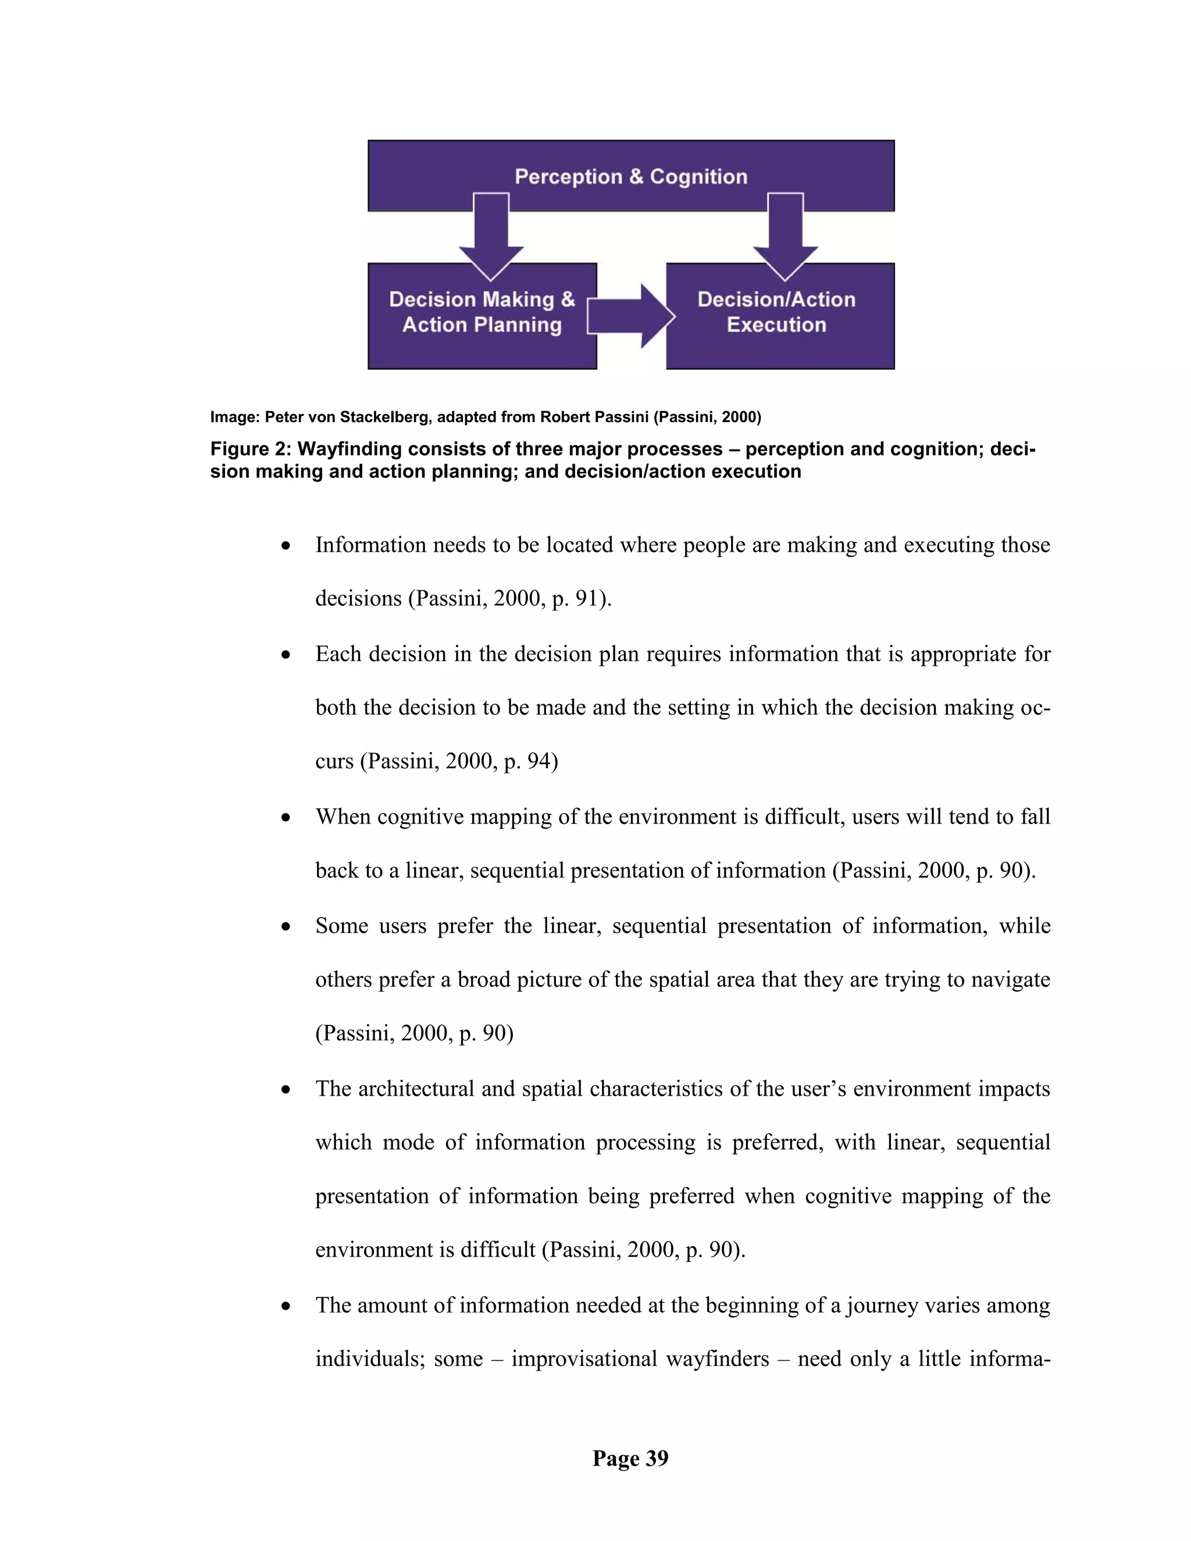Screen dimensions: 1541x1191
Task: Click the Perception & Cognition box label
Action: click(x=631, y=176)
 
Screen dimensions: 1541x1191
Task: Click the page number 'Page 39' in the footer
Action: click(x=630, y=1458)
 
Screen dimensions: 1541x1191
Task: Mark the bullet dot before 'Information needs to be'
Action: click(x=286, y=546)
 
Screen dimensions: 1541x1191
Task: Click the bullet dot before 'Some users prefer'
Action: click(x=286, y=926)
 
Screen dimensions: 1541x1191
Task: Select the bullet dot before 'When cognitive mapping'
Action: click(x=286, y=818)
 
